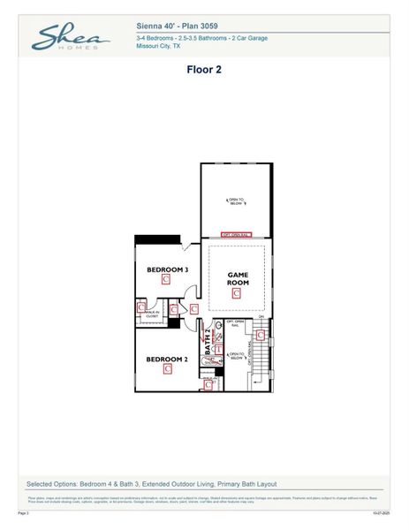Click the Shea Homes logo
[71, 38]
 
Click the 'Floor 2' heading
[204, 69]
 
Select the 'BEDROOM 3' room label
[167, 269]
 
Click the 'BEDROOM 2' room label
[167, 360]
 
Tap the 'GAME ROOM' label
[236, 279]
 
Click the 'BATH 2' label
[209, 344]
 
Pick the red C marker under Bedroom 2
[167, 370]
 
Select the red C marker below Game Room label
[236, 293]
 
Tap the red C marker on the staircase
[260, 335]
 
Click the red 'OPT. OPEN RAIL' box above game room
[237, 235]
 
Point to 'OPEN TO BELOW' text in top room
[236, 201]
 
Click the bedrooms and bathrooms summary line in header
[202, 39]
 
